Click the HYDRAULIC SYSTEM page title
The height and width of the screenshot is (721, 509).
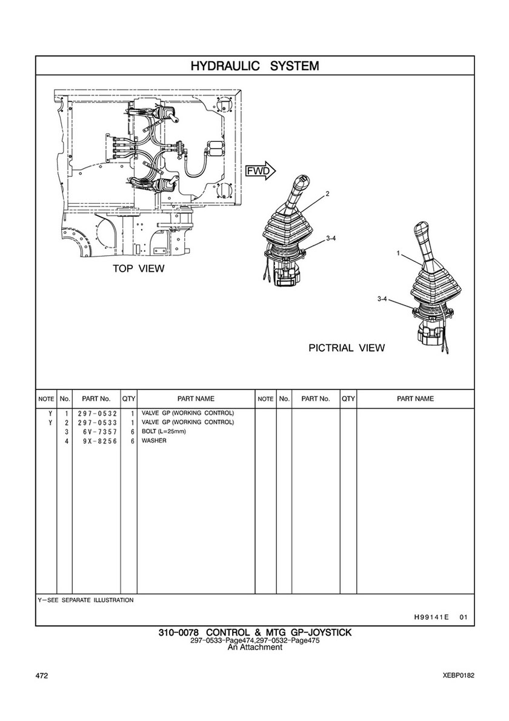[x=254, y=66]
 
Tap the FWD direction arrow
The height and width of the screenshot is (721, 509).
[x=260, y=171]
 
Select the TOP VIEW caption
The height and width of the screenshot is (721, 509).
[x=138, y=269]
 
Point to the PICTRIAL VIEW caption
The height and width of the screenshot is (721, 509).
[x=347, y=348]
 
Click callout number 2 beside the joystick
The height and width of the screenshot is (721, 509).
[x=327, y=194]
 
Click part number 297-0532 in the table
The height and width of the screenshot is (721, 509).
[x=96, y=414]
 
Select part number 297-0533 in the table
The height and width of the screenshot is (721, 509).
[x=96, y=423]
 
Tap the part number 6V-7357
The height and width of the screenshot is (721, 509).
[x=96, y=432]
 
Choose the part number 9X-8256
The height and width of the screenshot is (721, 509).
[x=96, y=441]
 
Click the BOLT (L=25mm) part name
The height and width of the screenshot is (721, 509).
[x=164, y=432]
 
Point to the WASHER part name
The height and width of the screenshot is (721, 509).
[x=154, y=441]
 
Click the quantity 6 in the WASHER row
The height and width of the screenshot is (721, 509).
[x=132, y=441]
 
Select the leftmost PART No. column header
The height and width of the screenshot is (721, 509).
[x=96, y=399]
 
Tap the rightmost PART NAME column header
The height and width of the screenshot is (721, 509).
[x=415, y=399]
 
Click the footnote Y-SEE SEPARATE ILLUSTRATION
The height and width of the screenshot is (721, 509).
[x=85, y=600]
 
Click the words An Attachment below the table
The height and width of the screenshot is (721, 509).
[x=254, y=648]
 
